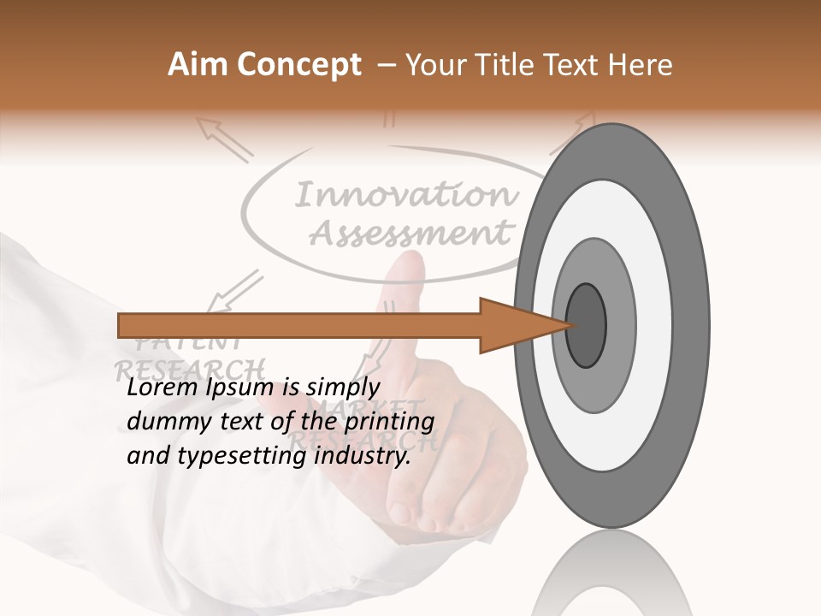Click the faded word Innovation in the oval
[406, 196]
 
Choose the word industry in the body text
[363, 456]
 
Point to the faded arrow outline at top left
[224, 139]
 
